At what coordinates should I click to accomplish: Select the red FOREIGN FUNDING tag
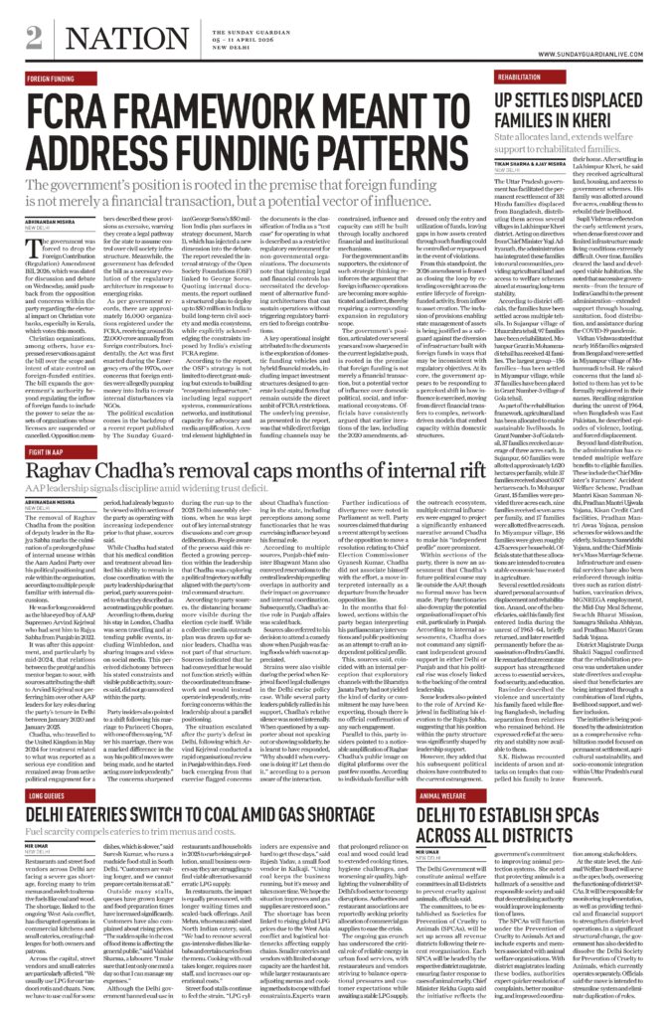pos(52,77)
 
